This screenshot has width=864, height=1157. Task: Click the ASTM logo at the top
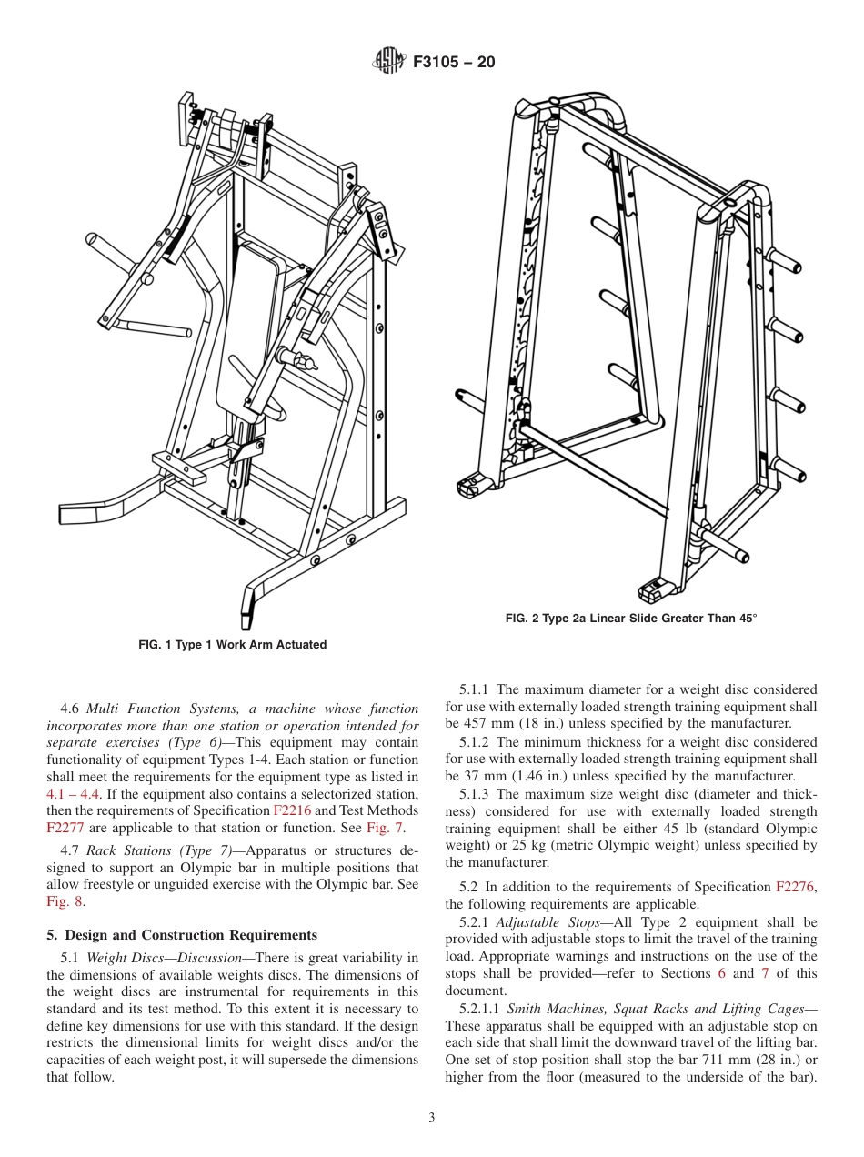click(388, 62)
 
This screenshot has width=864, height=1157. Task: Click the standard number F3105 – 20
click(454, 63)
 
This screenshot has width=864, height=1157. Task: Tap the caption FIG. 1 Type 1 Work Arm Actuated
click(232, 645)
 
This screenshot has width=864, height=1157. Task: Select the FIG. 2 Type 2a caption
click(630, 619)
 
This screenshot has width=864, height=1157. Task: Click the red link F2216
click(291, 810)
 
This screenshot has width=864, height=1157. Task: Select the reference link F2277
click(65, 828)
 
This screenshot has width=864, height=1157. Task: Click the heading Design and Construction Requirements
click(191, 935)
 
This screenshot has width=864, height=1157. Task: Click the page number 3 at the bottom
click(432, 1117)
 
